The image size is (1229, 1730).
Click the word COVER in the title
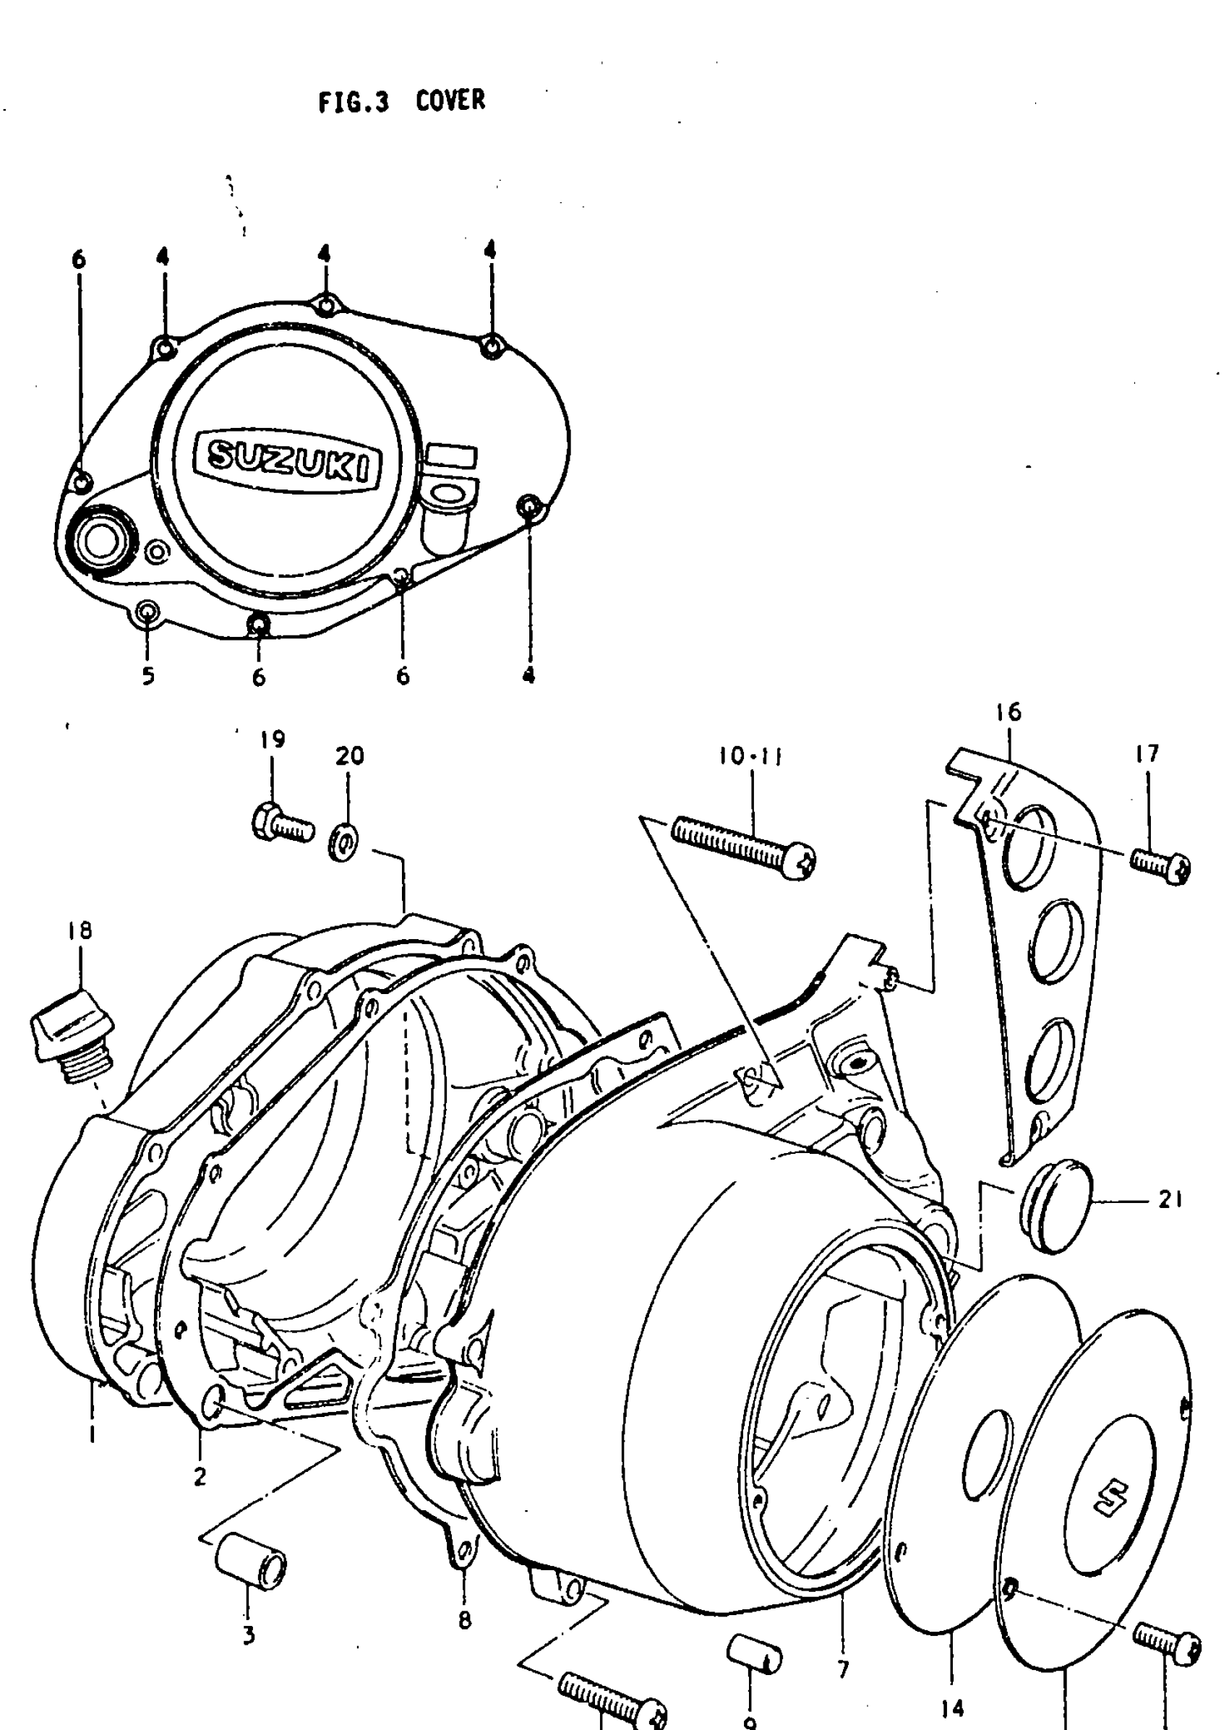click(450, 100)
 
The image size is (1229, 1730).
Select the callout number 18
click(80, 930)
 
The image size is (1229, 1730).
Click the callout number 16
click(1009, 712)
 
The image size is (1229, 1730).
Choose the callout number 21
click(1170, 1200)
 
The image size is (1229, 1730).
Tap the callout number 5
click(148, 675)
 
